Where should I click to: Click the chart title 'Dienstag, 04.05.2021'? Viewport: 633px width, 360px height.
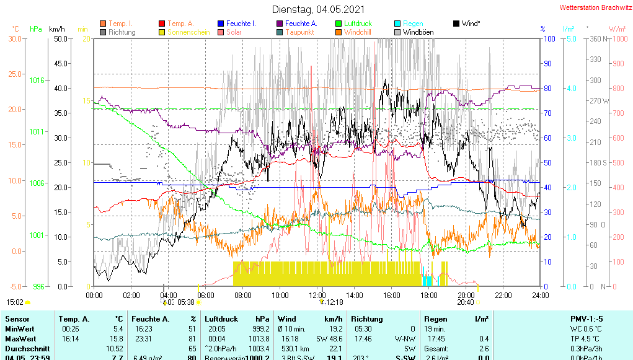click(318, 9)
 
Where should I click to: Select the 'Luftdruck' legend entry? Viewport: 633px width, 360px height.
click(358, 24)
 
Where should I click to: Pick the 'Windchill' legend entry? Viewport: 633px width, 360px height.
click(358, 32)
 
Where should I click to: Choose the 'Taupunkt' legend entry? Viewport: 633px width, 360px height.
click(299, 32)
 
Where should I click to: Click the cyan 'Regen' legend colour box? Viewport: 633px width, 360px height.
click(398, 24)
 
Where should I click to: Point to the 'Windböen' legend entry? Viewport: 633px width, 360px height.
click(418, 32)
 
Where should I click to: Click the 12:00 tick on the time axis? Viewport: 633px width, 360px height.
click(317, 295)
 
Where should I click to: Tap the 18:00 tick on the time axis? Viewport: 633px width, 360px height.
click(429, 295)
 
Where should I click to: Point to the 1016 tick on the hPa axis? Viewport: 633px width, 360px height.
click(37, 81)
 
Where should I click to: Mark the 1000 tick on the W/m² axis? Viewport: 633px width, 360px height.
click(618, 38)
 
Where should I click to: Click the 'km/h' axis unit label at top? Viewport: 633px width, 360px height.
click(56, 29)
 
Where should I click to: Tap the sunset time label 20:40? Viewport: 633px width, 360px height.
click(465, 302)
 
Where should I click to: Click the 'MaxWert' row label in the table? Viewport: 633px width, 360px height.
click(19, 339)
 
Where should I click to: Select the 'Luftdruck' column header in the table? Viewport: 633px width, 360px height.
click(221, 318)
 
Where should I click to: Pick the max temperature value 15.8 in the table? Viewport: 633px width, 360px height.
click(117, 339)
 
